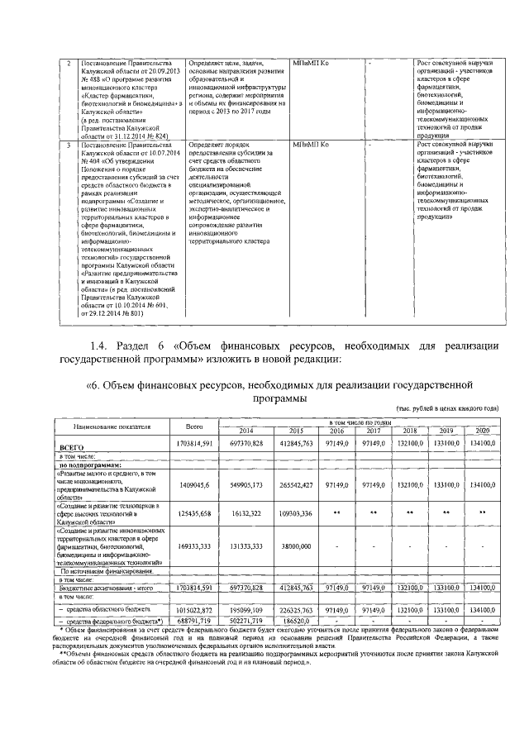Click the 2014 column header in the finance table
pyautogui.click(x=245, y=431)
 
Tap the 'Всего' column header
pyautogui.click(x=194, y=426)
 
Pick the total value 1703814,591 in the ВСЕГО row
pyautogui.click(x=195, y=444)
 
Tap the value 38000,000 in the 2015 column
pyautogui.click(x=296, y=546)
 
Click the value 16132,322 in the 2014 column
pyautogui.click(x=245, y=513)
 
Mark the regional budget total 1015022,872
pyautogui.click(x=195, y=608)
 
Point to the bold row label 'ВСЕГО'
pyautogui.click(x=72, y=445)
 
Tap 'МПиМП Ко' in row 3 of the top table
pyautogui.click(x=312, y=145)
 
